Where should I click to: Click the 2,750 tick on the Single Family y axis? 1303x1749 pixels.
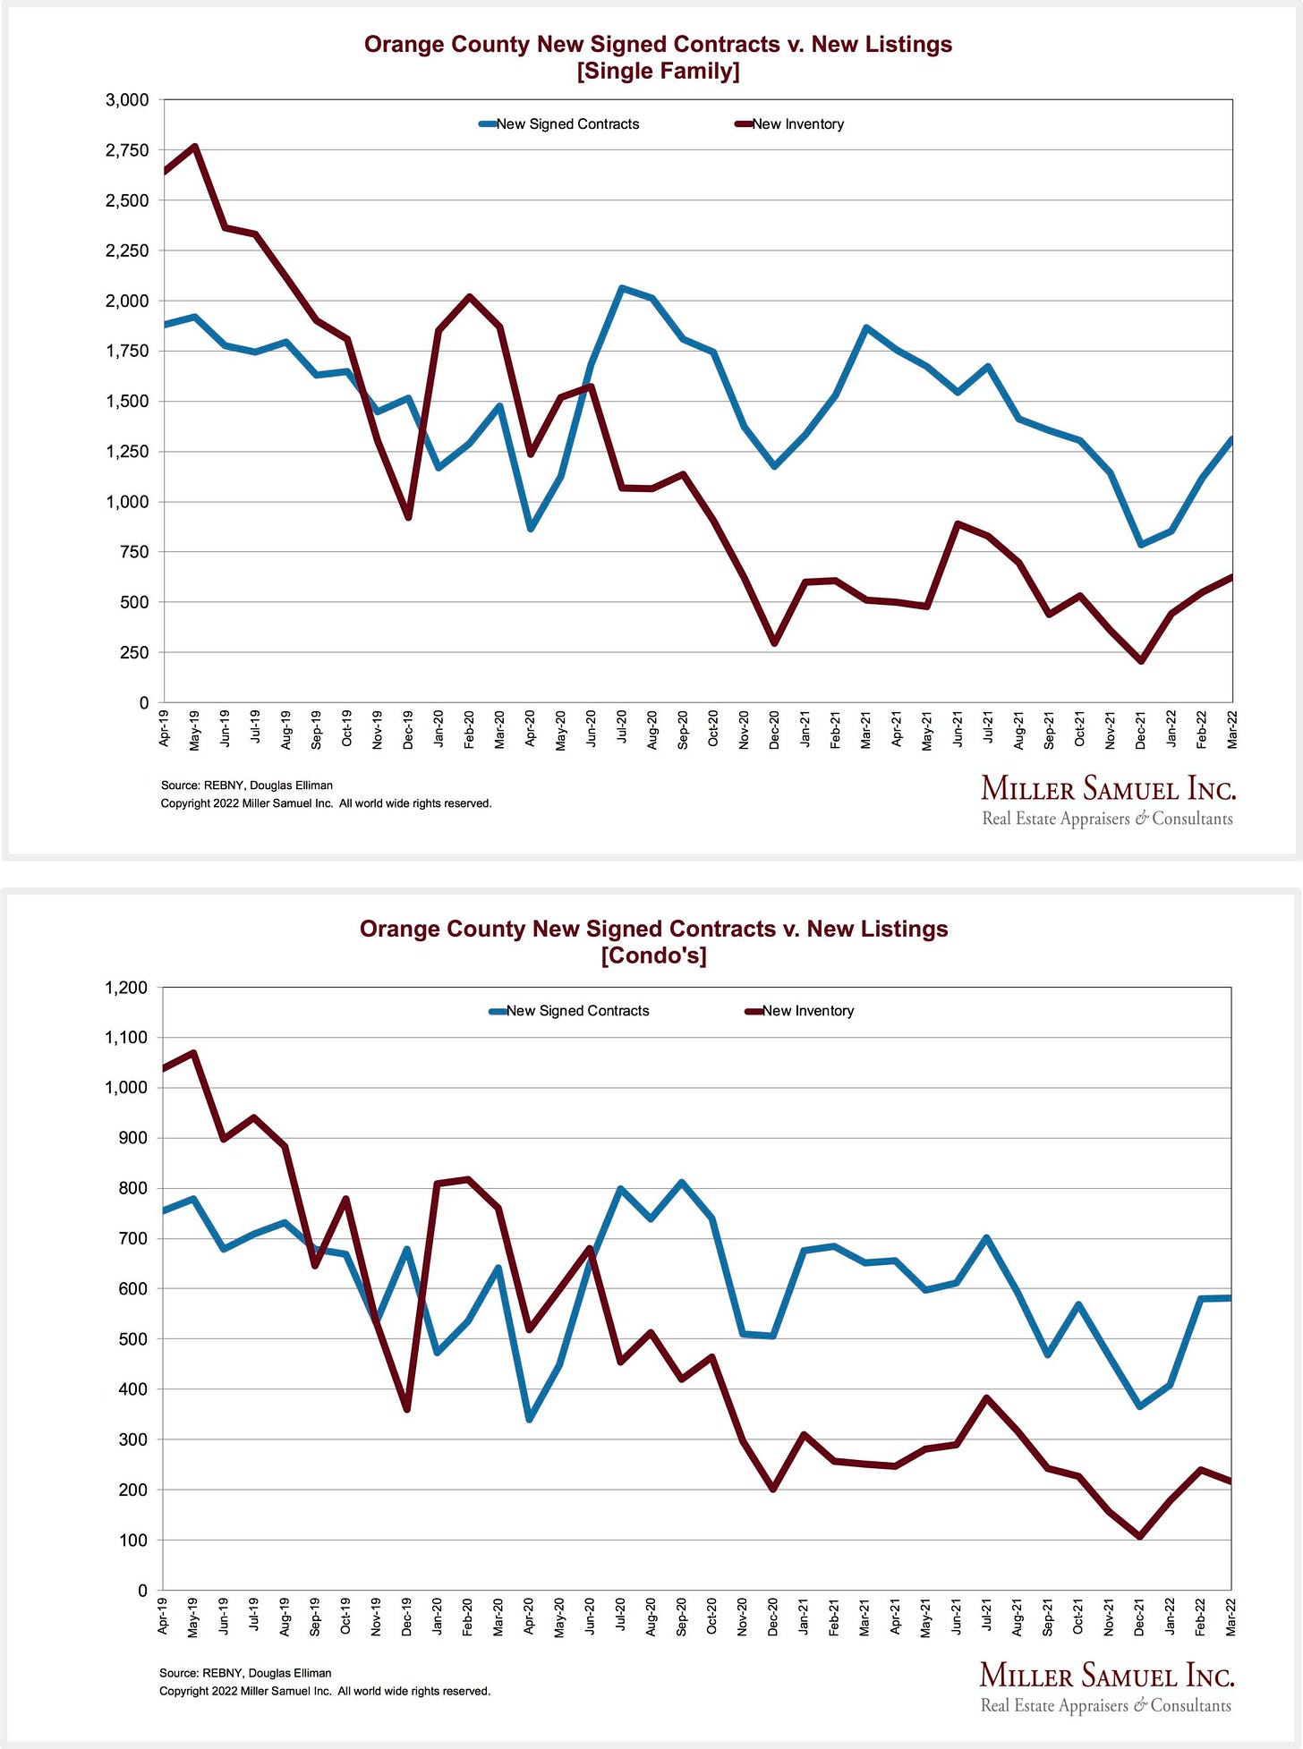(127, 150)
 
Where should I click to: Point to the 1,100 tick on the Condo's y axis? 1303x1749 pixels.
(126, 1038)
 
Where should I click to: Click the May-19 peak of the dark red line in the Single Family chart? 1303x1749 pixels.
(195, 147)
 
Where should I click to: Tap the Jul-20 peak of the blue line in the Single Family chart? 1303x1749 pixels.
(622, 288)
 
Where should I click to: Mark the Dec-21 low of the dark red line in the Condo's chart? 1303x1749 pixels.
(1140, 1536)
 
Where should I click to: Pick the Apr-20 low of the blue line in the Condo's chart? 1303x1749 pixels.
(530, 1419)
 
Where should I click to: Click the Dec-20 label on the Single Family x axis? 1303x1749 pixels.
(774, 730)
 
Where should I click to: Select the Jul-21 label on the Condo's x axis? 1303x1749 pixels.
(986, 1617)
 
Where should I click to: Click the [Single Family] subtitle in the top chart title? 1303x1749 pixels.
(658, 71)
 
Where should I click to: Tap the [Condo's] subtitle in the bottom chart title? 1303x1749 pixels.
(653, 955)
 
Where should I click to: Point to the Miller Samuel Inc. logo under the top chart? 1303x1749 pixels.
(1108, 789)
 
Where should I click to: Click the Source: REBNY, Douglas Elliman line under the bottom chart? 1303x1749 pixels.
(245, 1673)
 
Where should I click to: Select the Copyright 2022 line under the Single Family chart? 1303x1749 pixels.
(326, 803)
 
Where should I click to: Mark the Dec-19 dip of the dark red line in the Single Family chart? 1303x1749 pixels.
(408, 517)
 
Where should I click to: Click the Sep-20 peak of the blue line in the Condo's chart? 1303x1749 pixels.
(682, 1183)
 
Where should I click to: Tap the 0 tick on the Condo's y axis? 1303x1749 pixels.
(142, 1591)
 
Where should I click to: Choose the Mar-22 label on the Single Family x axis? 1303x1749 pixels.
(1232, 730)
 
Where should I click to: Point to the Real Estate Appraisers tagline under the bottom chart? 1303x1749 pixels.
(1105, 1705)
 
